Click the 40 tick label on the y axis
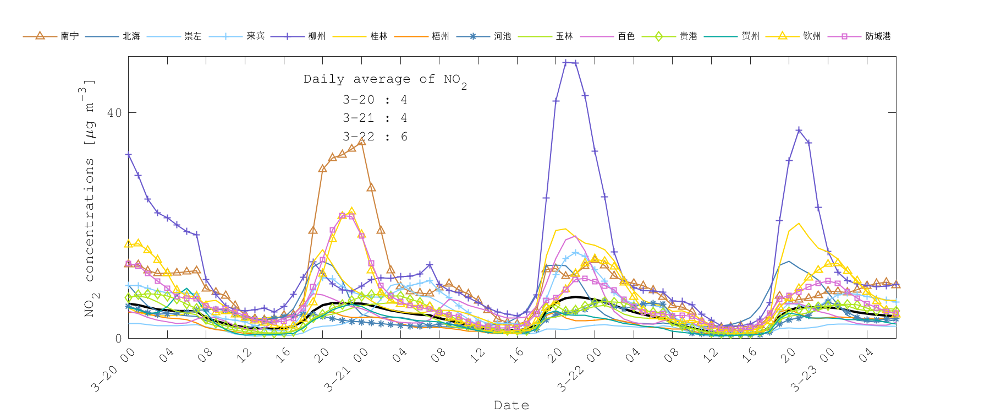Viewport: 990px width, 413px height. [x=114, y=113]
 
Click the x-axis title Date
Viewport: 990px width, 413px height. [x=512, y=405]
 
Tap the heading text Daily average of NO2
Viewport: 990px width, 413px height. [x=385, y=80]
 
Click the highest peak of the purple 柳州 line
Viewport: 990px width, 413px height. [x=566, y=63]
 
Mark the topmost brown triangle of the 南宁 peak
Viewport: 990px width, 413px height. [x=361, y=142]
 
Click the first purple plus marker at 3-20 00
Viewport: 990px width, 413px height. [x=129, y=155]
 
